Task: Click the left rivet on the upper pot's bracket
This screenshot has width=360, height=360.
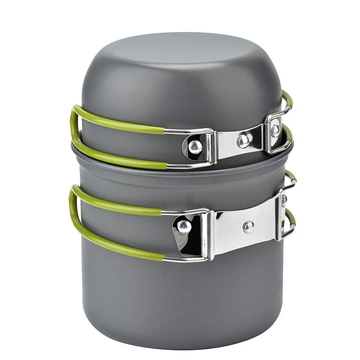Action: (195, 146)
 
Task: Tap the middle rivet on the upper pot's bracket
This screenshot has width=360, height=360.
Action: (243, 141)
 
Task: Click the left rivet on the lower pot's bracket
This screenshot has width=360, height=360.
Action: (184, 226)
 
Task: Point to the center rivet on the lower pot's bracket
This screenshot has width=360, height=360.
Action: (248, 227)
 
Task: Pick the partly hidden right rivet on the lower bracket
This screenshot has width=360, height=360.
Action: (284, 201)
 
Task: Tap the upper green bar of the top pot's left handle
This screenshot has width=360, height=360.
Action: (119, 120)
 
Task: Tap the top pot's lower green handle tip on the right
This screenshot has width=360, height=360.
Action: (289, 133)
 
